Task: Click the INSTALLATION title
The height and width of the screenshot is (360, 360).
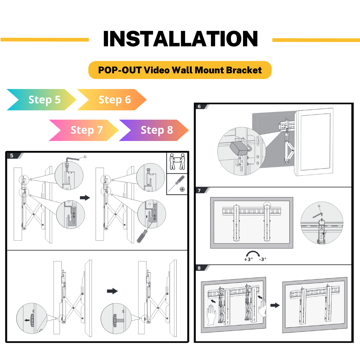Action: (x=180, y=39)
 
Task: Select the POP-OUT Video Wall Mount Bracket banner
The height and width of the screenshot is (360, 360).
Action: (x=180, y=70)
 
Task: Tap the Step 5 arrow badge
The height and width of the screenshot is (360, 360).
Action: (x=42, y=100)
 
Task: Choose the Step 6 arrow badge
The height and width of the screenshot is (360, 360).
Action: (x=112, y=100)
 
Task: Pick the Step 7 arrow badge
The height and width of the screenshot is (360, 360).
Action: (x=84, y=130)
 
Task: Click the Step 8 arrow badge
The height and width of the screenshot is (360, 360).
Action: (x=154, y=130)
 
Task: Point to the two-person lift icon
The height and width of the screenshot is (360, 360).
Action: (x=177, y=162)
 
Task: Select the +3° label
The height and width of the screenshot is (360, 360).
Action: (x=248, y=259)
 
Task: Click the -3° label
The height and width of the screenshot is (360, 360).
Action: (x=263, y=259)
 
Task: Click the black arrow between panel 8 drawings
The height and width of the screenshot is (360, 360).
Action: (x=275, y=305)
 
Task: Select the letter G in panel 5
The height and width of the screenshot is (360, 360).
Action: (x=85, y=157)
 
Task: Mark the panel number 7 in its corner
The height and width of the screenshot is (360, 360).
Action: (x=199, y=190)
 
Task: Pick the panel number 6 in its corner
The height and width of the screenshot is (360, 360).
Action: (x=199, y=107)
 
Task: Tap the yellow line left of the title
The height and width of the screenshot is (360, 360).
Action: (x=45, y=40)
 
